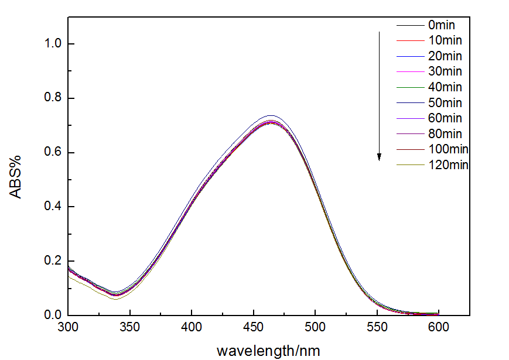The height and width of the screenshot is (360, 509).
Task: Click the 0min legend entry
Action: click(x=441, y=25)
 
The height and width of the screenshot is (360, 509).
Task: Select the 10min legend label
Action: click(x=444, y=40)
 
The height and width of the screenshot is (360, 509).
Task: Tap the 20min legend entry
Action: click(x=444, y=56)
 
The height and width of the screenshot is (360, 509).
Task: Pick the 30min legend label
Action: click(x=444, y=71)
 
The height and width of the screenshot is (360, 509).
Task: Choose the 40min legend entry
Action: click(x=444, y=87)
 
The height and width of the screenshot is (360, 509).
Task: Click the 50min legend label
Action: click(x=444, y=103)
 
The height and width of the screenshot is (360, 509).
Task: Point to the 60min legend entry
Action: click(x=444, y=118)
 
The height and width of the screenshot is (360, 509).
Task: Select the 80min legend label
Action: click(x=444, y=134)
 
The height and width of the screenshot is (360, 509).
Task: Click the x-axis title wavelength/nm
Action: click(x=268, y=350)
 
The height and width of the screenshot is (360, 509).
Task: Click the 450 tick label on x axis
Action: click(x=254, y=328)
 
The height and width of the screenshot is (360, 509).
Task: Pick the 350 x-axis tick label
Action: click(x=130, y=328)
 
